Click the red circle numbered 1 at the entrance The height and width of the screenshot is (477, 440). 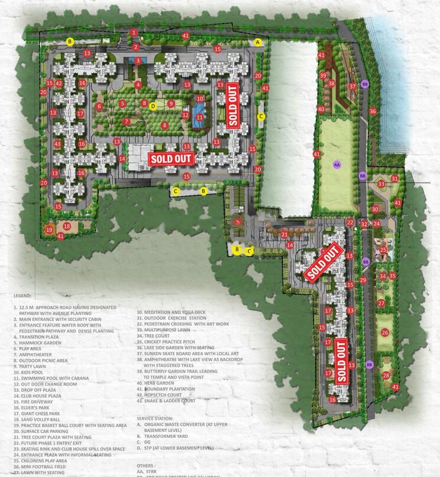point(135,32)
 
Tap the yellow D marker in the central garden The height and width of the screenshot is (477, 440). point(153,106)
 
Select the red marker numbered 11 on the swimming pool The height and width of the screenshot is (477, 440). point(200,117)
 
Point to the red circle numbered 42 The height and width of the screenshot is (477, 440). point(59,84)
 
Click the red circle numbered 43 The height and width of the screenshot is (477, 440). point(58,144)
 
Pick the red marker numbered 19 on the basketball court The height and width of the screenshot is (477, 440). point(50,229)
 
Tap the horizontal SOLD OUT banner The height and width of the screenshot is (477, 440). point(171,158)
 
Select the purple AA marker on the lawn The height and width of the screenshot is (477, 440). point(337,164)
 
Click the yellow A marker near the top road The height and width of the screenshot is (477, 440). point(258,42)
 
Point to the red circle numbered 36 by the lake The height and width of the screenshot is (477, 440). point(373,111)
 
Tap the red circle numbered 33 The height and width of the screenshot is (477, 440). point(382,184)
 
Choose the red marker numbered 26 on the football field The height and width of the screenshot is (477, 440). point(385,333)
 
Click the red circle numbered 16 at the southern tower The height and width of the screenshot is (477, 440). point(333,400)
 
